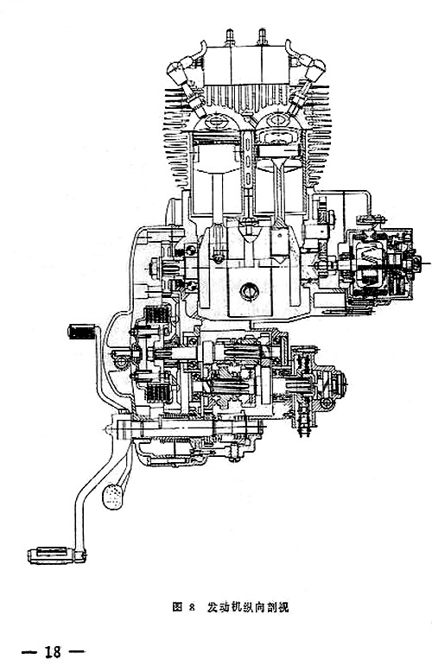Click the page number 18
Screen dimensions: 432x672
tap(54, 652)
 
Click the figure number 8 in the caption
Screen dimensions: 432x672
tap(191, 607)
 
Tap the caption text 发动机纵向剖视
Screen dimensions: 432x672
tap(248, 607)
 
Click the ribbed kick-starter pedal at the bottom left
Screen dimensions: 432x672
tap(56, 555)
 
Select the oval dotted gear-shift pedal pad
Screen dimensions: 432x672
tap(112, 497)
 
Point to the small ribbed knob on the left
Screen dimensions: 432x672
tap(81, 333)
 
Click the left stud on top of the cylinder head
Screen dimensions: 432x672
tap(230, 37)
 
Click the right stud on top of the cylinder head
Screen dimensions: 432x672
tap(262, 37)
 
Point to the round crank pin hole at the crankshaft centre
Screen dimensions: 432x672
tap(249, 292)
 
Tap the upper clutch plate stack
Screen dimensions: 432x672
tap(157, 315)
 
